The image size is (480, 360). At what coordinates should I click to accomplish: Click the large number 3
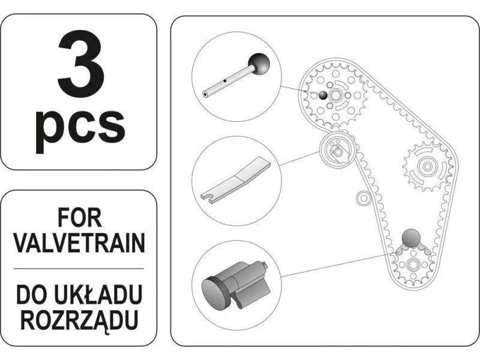click(x=81, y=64)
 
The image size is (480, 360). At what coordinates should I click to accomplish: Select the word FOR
click(x=80, y=218)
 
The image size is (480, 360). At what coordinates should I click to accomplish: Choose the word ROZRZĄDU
click(x=79, y=320)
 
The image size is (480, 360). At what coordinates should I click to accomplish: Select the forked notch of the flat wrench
click(x=208, y=197)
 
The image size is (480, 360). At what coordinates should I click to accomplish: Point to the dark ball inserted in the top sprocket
click(x=323, y=95)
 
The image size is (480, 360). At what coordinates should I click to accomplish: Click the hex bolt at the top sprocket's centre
click(x=335, y=95)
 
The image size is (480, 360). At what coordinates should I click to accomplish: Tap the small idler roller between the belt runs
click(x=364, y=199)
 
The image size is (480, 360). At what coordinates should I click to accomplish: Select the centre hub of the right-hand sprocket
click(x=427, y=167)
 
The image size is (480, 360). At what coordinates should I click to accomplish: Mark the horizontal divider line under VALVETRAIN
click(x=79, y=269)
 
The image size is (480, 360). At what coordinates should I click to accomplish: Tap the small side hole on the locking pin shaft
click(x=225, y=81)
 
